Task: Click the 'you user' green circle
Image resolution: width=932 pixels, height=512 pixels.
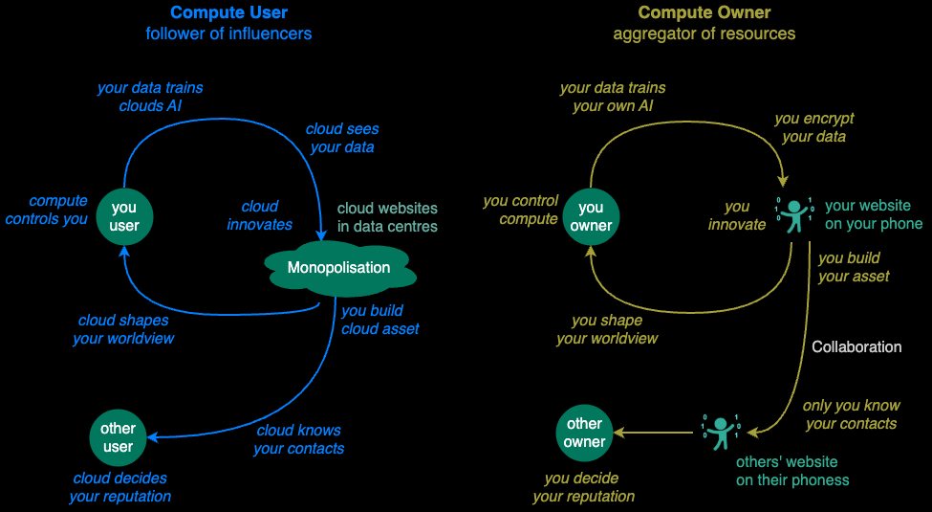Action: click(124, 217)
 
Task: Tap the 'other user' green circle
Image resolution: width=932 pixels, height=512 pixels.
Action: click(118, 437)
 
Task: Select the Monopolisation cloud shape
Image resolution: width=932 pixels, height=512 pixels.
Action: click(338, 268)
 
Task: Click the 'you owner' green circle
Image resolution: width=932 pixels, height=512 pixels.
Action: click(591, 217)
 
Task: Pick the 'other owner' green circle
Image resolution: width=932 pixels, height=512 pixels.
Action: click(584, 433)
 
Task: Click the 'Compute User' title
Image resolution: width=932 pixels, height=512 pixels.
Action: click(228, 13)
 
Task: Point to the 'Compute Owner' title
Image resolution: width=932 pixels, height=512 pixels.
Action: click(704, 13)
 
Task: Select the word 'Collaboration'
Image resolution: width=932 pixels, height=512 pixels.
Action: click(856, 346)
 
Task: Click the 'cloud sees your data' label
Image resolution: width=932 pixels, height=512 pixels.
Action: click(341, 138)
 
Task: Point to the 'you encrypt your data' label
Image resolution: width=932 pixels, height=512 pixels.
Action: click(813, 127)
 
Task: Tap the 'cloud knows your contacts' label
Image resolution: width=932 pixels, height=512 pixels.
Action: click(298, 439)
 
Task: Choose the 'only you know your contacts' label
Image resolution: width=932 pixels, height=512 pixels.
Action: click(851, 414)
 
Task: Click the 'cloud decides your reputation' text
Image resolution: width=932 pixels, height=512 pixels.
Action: click(119, 487)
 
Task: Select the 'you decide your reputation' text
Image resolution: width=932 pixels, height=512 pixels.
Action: click(583, 487)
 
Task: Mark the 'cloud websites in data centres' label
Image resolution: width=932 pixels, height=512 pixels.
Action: click(387, 217)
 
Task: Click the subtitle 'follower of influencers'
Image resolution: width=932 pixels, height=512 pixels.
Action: click(228, 33)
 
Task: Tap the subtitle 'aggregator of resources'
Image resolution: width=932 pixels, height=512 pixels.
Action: click(704, 33)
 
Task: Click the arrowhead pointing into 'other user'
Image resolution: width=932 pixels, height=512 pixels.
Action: click(153, 437)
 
